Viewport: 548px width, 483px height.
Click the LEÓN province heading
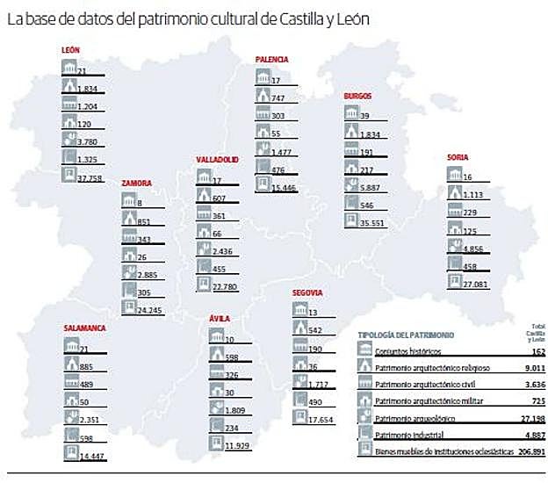pyautogui.click(x=71, y=52)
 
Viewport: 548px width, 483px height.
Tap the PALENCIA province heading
pyautogui.click(x=271, y=60)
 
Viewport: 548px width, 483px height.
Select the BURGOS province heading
pyautogui.click(x=359, y=96)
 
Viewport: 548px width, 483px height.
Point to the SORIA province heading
pyautogui.click(x=457, y=157)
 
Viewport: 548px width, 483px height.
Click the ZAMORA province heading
pyautogui.click(x=137, y=184)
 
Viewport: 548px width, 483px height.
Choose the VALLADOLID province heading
pyautogui.click(x=217, y=161)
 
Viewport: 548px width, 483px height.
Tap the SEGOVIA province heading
pyautogui.click(x=309, y=292)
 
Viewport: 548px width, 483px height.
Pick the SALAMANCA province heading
pyautogui.click(x=84, y=328)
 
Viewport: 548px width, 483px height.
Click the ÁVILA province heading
pyautogui.click(x=220, y=320)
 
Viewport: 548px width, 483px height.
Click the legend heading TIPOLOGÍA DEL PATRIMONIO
pyautogui.click(x=407, y=335)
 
